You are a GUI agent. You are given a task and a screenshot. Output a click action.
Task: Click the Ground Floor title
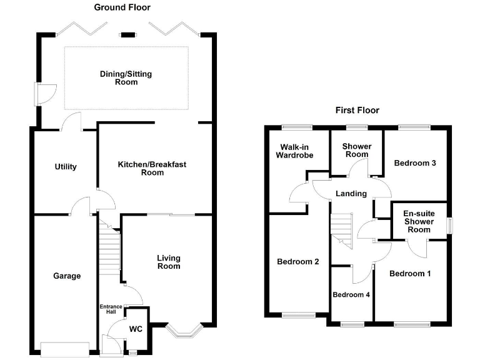[x=122, y=7]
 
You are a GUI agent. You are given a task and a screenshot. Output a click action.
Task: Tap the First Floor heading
[x=357, y=110]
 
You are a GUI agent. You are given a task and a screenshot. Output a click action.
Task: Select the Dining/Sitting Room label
[x=126, y=78]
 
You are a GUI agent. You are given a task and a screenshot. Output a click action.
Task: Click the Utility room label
[x=65, y=167]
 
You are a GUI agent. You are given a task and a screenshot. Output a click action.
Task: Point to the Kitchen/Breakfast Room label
[x=152, y=169]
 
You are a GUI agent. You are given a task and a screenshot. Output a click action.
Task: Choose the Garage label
[x=66, y=276]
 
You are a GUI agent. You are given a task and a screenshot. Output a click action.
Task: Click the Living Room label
[x=168, y=262]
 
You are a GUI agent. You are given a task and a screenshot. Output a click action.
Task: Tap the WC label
[x=136, y=329]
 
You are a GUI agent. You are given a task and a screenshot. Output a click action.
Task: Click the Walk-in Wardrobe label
[x=294, y=151]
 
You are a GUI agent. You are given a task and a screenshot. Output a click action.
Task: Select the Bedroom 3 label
[x=414, y=163]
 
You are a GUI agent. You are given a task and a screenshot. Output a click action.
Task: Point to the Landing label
[x=351, y=194]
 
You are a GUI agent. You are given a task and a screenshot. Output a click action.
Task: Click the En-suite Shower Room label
[x=418, y=222]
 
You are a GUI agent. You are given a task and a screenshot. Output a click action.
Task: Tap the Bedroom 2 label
[x=298, y=262]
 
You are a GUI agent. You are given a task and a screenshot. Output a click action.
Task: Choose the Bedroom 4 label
[x=351, y=294]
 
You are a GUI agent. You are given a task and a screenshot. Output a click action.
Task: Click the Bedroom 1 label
[x=410, y=274]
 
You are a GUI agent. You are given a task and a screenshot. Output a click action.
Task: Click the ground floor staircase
[x=109, y=250]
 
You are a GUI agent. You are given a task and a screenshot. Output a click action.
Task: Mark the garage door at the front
[x=65, y=349]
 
